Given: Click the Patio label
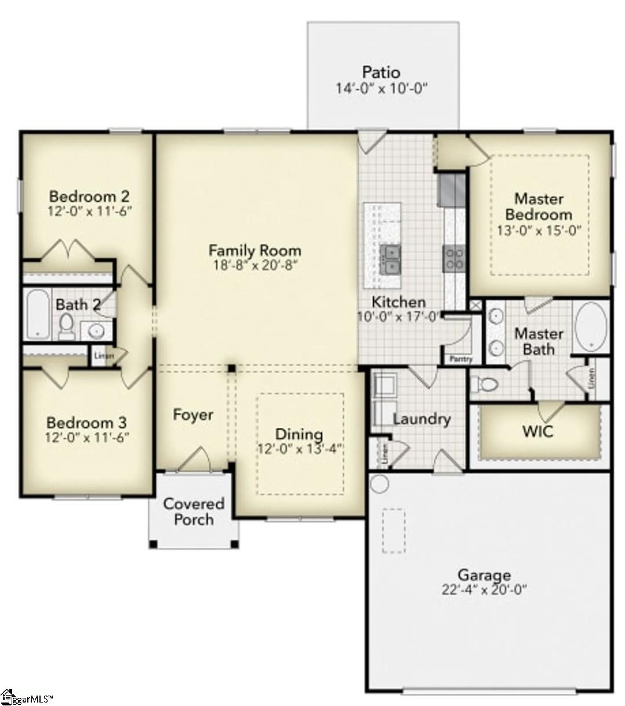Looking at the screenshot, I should tap(381, 72).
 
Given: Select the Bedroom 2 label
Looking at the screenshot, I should tap(89, 195).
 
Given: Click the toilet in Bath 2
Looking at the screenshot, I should tap(66, 327).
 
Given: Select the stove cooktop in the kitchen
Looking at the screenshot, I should tap(453, 259).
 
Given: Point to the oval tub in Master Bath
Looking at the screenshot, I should tap(590, 326).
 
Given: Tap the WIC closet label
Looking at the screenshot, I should tap(537, 432).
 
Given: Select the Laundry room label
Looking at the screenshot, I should tap(421, 419).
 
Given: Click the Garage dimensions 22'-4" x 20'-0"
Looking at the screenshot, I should tap(484, 590).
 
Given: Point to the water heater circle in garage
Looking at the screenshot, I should tap(379, 483).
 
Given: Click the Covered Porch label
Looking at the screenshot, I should tap(194, 511).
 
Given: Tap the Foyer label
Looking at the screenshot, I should tap(193, 414).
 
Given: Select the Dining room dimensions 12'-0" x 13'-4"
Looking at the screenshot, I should tap(299, 448).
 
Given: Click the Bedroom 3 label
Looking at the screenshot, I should tap(86, 423).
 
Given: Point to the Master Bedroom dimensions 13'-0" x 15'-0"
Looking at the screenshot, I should tap(539, 230).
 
